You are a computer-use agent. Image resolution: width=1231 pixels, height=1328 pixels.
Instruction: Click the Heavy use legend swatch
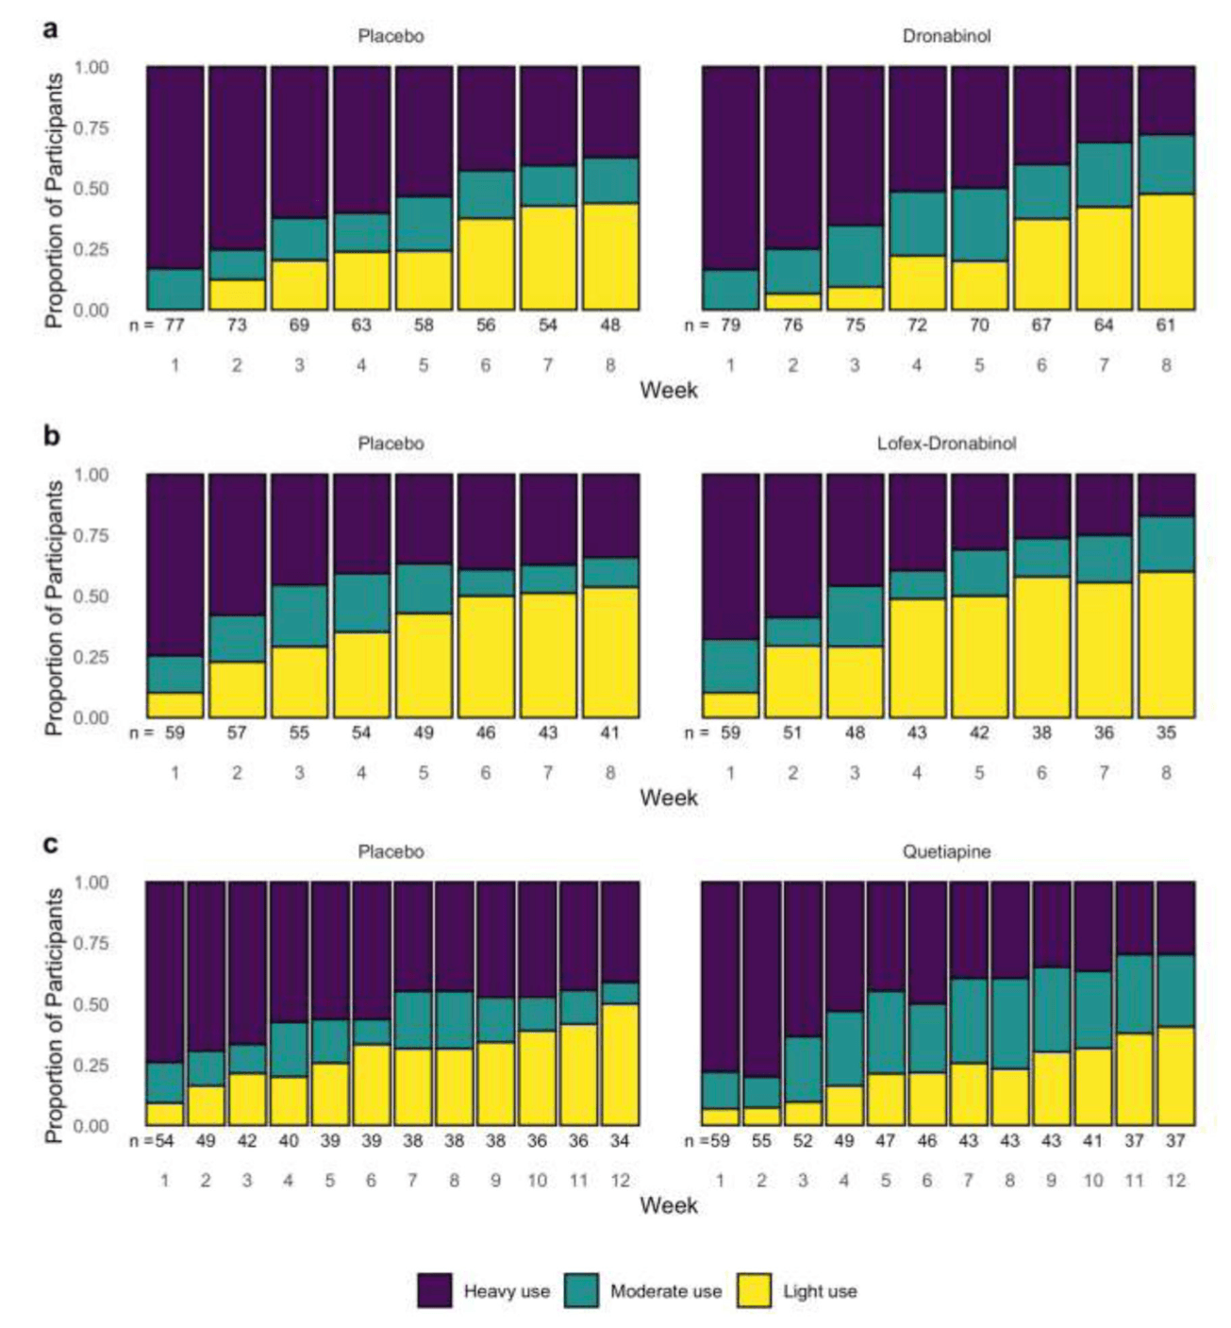pyautogui.click(x=434, y=1290)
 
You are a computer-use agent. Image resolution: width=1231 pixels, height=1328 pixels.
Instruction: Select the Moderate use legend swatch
pyautogui.click(x=581, y=1290)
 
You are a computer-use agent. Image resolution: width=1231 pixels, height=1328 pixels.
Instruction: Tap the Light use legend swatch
pyautogui.click(x=754, y=1290)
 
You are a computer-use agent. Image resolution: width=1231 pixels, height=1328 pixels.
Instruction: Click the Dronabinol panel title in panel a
pyautogui.click(x=946, y=37)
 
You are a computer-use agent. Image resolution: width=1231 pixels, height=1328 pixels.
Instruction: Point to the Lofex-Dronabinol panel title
pyautogui.click(x=946, y=444)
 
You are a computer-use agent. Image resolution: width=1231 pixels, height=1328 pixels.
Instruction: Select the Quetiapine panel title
pyautogui.click(x=946, y=851)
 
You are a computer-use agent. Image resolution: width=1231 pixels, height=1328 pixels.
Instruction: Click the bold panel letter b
pyautogui.click(x=51, y=436)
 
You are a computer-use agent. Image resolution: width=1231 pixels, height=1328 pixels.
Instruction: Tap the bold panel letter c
pyautogui.click(x=51, y=843)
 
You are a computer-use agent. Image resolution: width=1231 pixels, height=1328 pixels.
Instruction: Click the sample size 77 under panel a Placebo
pyautogui.click(x=175, y=326)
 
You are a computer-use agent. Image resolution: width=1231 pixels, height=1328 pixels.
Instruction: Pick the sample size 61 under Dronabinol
pyautogui.click(x=1166, y=326)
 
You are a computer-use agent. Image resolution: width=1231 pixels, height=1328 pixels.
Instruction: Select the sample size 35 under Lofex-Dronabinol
pyautogui.click(x=1166, y=732)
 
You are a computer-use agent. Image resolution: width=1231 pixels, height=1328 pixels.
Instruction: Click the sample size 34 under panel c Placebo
pyautogui.click(x=620, y=1140)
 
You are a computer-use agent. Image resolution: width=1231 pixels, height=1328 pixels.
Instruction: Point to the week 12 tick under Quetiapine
pyautogui.click(x=1174, y=1181)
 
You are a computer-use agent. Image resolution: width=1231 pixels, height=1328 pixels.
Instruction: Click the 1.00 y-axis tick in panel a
pyautogui.click(x=91, y=67)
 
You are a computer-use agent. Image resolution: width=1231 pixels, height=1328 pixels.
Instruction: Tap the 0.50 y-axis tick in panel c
pyautogui.click(x=91, y=1004)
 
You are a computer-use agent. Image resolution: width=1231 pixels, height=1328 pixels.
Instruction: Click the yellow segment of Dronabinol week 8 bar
pyautogui.click(x=1166, y=252)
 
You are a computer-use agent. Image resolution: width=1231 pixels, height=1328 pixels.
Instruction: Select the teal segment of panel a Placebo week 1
pyautogui.click(x=175, y=290)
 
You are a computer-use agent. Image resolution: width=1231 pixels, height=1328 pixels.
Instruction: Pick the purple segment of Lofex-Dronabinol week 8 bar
pyautogui.click(x=1166, y=495)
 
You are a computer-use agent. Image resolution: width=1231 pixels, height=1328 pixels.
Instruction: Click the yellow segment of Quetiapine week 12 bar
pyautogui.click(x=1174, y=1076)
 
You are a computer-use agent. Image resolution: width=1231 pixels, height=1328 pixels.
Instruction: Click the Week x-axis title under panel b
pyautogui.click(x=669, y=798)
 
